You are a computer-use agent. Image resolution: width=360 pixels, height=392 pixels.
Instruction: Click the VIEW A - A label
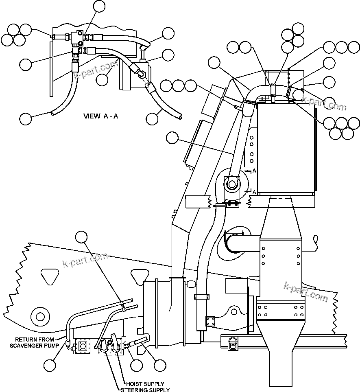tap(100, 116)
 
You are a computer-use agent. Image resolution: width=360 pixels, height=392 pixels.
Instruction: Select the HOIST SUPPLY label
tap(144, 384)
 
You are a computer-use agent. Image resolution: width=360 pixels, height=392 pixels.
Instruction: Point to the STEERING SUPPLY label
tap(145, 390)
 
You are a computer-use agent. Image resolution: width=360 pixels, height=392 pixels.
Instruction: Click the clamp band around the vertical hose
tap(202, 296)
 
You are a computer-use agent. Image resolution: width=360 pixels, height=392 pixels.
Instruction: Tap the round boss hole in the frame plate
tap(39, 316)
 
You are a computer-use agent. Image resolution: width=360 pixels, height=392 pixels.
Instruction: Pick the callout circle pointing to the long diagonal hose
tap(173, 138)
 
